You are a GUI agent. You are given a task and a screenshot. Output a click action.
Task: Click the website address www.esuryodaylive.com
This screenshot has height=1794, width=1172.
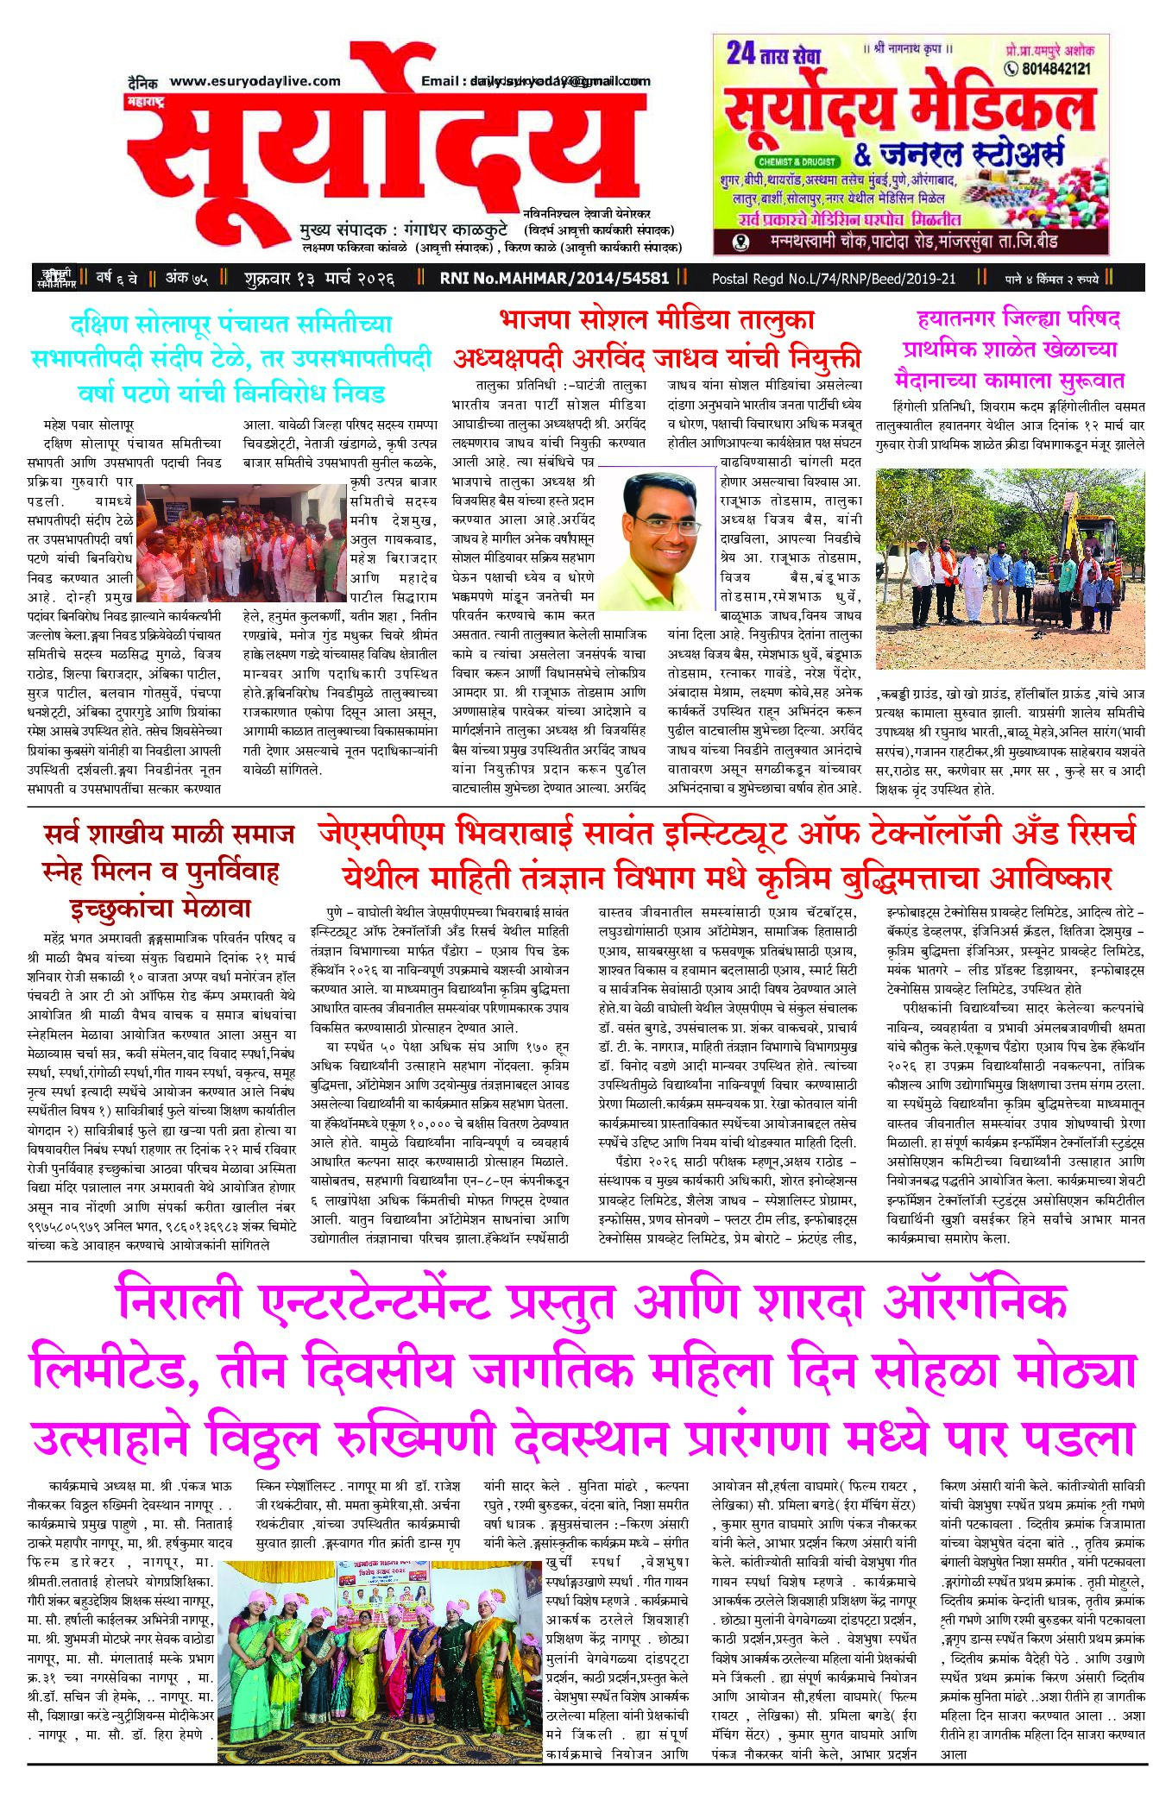pyautogui.click(x=255, y=81)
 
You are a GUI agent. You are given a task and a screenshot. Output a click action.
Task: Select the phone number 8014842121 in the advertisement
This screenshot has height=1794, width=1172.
pyautogui.click(x=1055, y=68)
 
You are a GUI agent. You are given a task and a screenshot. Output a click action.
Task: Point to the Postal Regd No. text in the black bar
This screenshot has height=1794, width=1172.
pyautogui.click(x=834, y=278)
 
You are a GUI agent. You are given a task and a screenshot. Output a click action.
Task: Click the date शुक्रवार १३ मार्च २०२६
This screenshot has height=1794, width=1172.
pyautogui.click(x=319, y=278)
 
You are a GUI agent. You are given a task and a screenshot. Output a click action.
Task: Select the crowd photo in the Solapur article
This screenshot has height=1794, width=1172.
pyautogui.click(x=243, y=543)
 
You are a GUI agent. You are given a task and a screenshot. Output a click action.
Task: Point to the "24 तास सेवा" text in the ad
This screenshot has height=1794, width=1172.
pyautogui.click(x=772, y=54)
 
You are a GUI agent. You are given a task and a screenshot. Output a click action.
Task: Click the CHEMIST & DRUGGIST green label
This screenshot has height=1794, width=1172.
pyautogui.click(x=797, y=161)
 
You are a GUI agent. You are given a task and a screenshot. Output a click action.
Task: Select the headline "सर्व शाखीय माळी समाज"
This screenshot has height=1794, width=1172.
pyautogui.click(x=169, y=834)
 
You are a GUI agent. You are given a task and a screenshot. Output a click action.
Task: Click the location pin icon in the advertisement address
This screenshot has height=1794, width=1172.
pyautogui.click(x=740, y=242)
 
